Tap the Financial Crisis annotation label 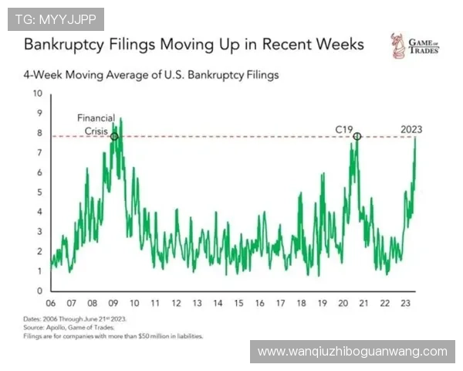pos(96,124)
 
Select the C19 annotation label pos(344,128)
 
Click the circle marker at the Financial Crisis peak pos(115,137)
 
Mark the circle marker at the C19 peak pos(357,137)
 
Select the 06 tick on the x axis pos(51,303)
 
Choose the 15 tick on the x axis pos(238,303)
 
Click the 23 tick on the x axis pos(406,303)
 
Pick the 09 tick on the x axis pos(113,303)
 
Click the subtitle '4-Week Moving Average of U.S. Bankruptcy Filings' pos(150,76)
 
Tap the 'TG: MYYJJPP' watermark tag pos(55,18)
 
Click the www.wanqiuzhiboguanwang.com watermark pos(352,352)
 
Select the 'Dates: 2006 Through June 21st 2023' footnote pos(75,320)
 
